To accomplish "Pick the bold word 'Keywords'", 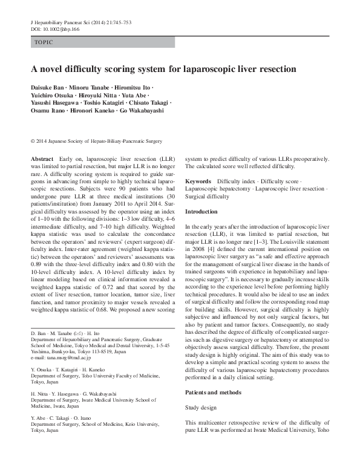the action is (198, 181).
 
